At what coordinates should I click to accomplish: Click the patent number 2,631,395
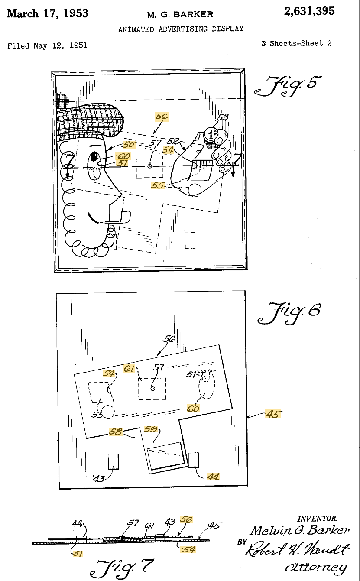coord(309,11)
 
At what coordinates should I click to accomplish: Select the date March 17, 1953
coord(48,13)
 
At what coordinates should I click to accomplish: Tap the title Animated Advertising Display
coord(181,29)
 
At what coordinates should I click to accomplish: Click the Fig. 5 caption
coord(288,86)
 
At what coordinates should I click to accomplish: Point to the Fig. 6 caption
coord(289,313)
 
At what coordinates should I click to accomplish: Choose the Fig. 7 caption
coord(122,569)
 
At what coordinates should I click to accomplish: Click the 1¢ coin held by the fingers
coord(211,134)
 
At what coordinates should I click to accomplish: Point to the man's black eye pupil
coord(94,156)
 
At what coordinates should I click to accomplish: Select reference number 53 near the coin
coord(223,117)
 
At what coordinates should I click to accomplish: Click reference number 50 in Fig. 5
coord(128,144)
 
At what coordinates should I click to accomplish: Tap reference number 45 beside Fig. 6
coord(273,414)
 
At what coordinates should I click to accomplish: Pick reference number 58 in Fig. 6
coord(115,432)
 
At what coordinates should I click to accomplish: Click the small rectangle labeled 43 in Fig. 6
coord(114,461)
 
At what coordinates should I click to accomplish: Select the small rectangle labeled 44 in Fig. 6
coord(193,460)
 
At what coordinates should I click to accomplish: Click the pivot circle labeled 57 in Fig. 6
coord(153,389)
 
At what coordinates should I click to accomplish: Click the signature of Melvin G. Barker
coord(300,530)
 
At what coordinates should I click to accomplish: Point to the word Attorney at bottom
coord(316,567)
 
